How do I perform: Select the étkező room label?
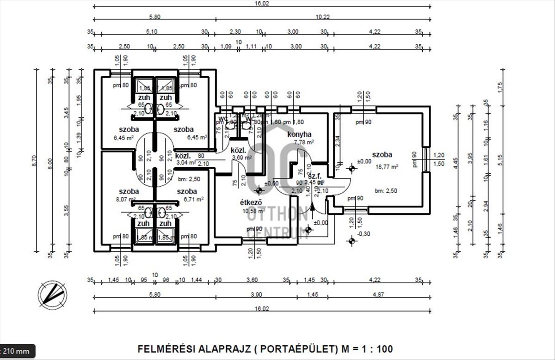[x=251, y=202]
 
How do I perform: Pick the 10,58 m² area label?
[x=254, y=211]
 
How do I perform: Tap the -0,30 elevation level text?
[x=364, y=233]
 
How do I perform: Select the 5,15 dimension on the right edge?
[x=500, y=161]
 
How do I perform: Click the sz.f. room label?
[x=314, y=176]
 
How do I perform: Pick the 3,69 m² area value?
[x=241, y=158]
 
